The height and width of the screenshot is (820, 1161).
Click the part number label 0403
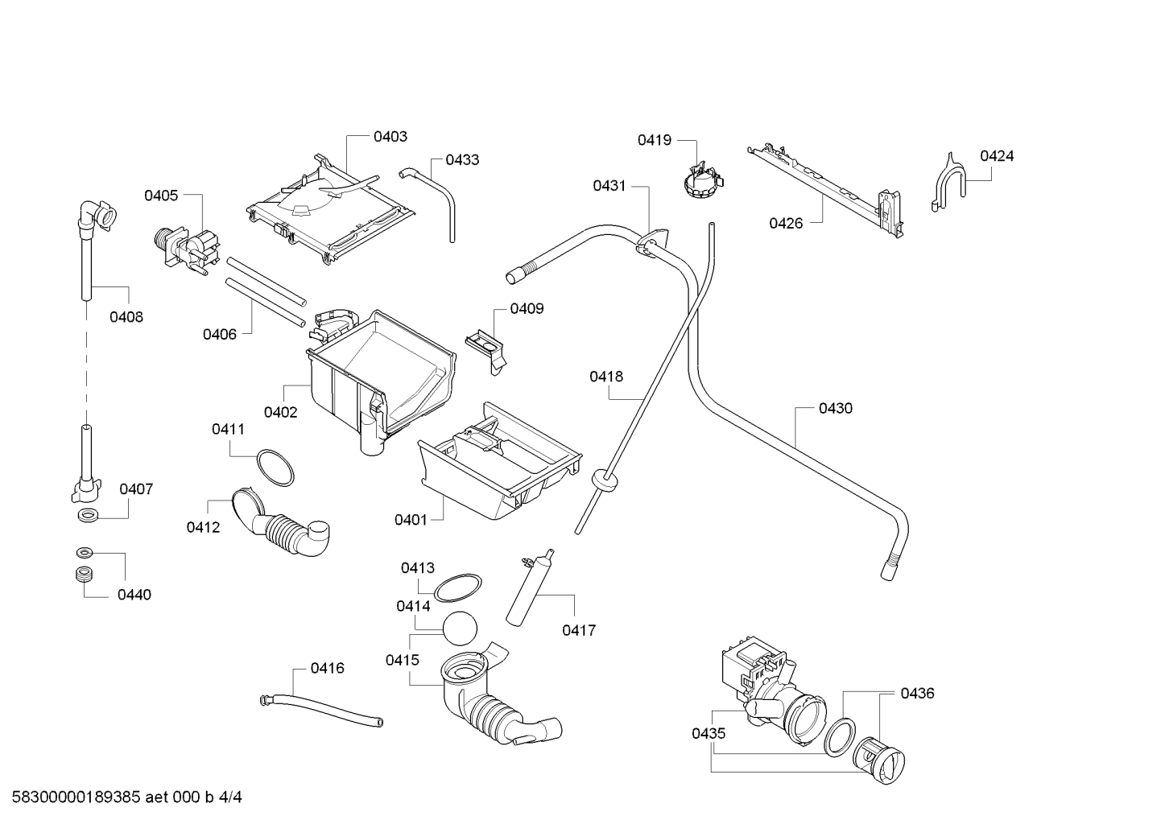390,137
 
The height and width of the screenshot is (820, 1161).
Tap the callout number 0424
997,156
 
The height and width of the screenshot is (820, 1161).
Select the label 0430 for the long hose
836,408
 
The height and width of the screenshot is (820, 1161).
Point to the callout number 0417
579,630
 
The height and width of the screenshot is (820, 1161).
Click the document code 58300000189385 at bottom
76,797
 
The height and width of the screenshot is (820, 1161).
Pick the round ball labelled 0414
460,628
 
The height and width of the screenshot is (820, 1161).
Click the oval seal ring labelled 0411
275,468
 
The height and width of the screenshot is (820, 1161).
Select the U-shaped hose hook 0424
948,183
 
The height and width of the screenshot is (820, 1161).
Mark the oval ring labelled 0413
457,587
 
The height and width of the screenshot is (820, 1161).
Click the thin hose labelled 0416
320,710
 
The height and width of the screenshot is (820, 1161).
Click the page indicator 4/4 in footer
230,797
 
